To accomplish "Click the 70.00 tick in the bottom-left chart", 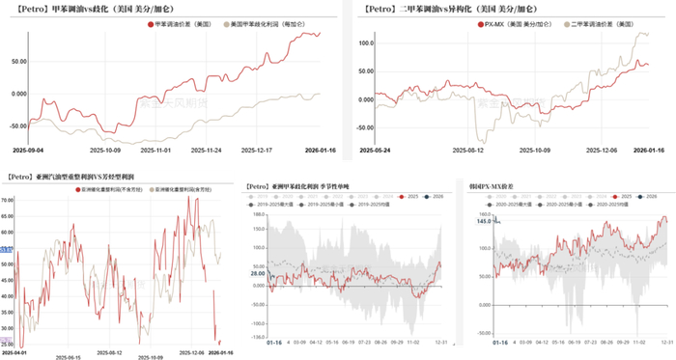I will tap(7, 200).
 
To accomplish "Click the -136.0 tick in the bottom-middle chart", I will tap(255, 337).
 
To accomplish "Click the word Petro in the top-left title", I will tap(27, 7).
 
